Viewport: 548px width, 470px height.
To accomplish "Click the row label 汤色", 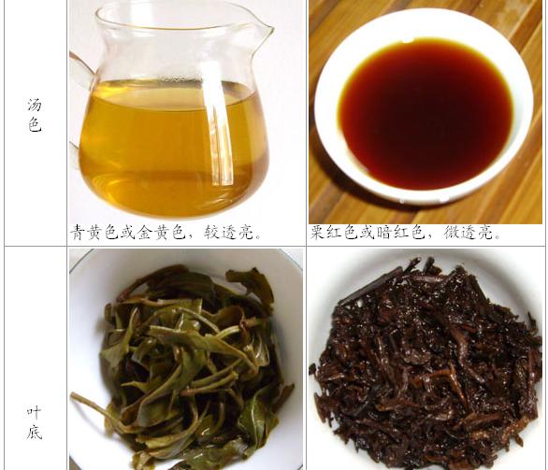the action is click(35, 115).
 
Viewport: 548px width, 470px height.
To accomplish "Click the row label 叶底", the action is click(35, 422).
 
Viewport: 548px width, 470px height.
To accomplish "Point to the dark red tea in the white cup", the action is click(425, 114).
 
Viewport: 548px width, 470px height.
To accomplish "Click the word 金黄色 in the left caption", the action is click(162, 233).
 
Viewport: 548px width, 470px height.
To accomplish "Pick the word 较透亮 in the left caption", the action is click(229, 233).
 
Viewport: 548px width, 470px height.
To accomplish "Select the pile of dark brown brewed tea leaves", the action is click(426, 363).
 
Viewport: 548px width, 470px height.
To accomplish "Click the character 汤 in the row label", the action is click(35, 106).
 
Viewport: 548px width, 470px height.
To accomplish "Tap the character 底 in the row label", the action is click(35, 433).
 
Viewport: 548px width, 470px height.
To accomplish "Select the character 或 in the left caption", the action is click(129, 233).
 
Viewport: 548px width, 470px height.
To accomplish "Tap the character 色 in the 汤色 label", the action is click(35, 125).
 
